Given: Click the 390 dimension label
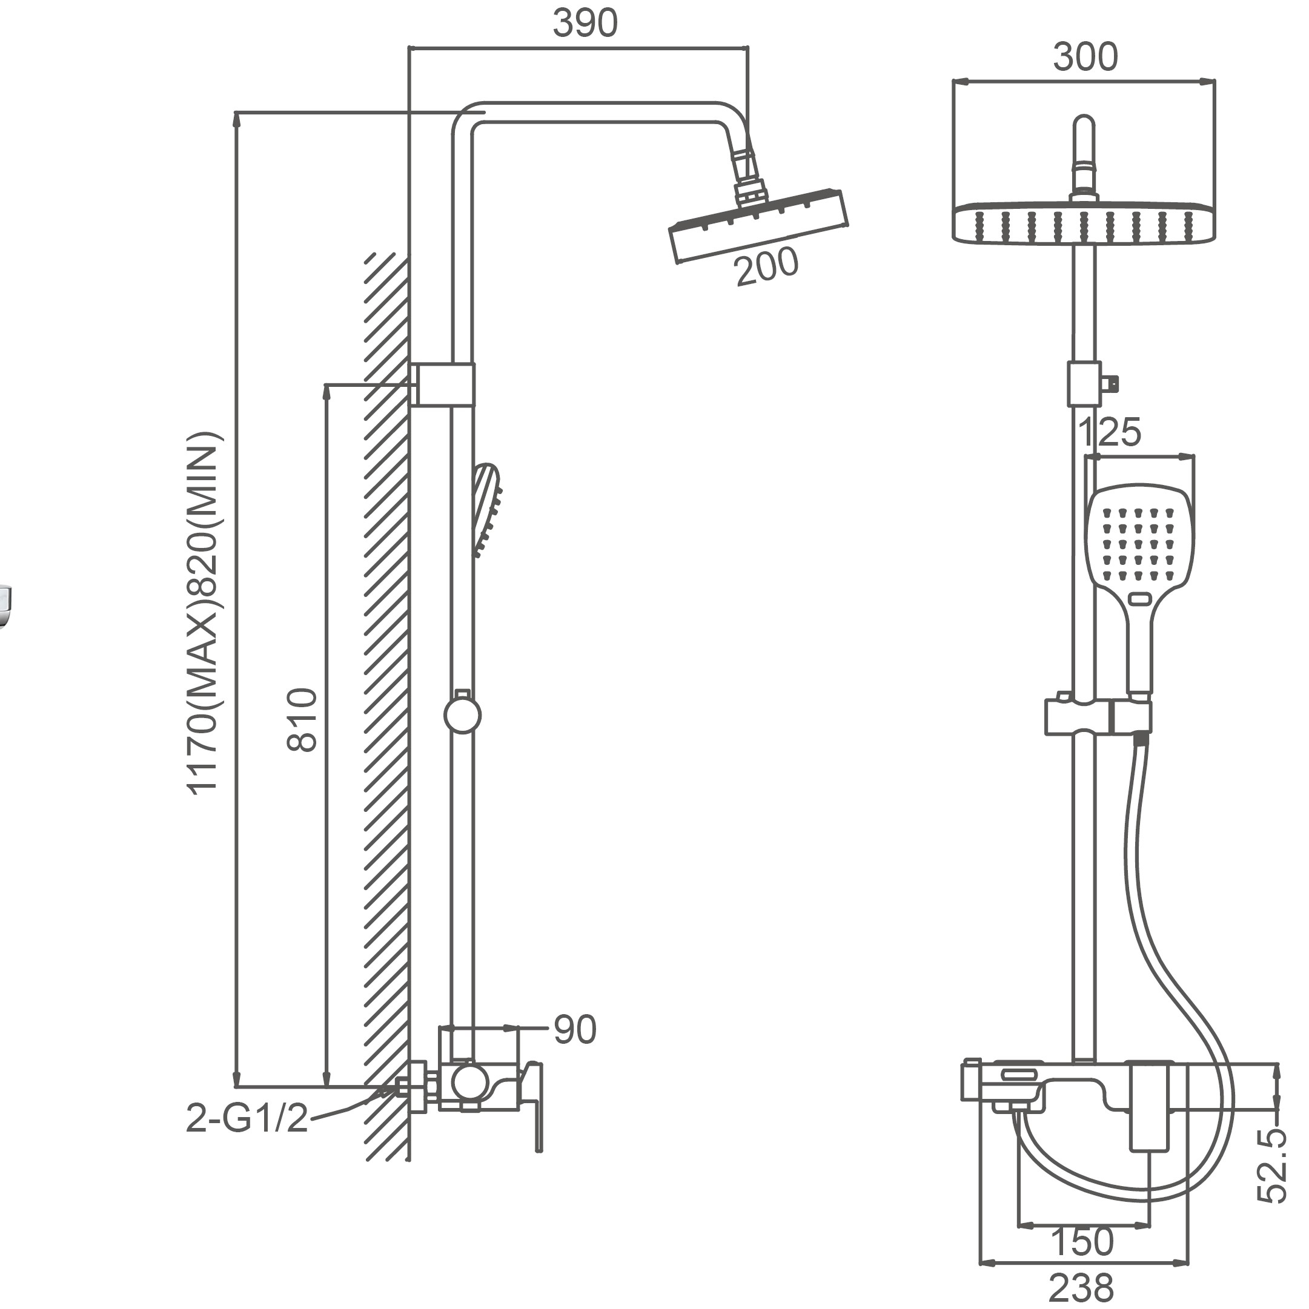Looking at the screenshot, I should pyautogui.click(x=585, y=24).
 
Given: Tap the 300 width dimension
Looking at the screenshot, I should pyautogui.click(x=1085, y=57).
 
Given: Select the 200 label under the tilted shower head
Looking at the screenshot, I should pyautogui.click(x=767, y=267).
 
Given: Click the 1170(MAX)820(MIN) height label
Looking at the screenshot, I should pyautogui.click(x=204, y=613).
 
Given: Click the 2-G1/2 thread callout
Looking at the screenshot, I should pyautogui.click(x=247, y=1119).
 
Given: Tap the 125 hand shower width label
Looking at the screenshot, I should pyautogui.click(x=1110, y=432).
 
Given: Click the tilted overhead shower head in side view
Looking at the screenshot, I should pyautogui.click(x=758, y=226).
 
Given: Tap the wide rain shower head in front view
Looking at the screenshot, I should pyautogui.click(x=1083, y=223).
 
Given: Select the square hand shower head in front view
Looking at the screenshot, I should pyautogui.click(x=1139, y=542).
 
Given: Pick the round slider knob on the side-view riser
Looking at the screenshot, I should pyautogui.click(x=462, y=716).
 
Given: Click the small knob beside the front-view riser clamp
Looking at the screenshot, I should pyautogui.click(x=1110, y=384).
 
